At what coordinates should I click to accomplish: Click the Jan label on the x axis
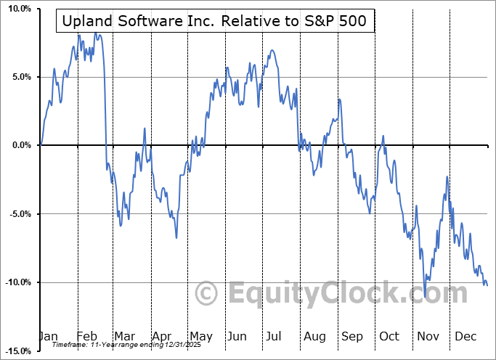tap(48, 336)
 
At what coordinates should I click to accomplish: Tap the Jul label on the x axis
tap(273, 336)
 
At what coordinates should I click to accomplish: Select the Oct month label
tap(389, 336)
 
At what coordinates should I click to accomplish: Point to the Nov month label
tap(426, 336)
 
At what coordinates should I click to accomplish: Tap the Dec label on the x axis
tap(464, 336)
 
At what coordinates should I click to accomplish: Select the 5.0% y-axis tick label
tap(18, 77)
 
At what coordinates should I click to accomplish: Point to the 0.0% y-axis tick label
tap(18, 145)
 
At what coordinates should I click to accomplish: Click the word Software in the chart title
tap(150, 22)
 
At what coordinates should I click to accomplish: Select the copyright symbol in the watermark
tap(208, 293)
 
